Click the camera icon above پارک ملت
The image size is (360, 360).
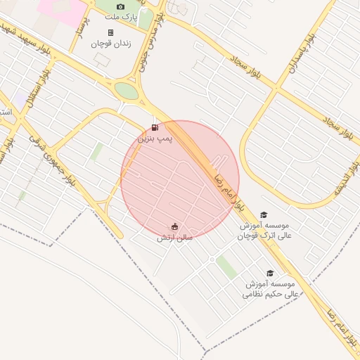click(x=120, y=6)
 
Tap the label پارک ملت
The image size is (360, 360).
click(x=121, y=15)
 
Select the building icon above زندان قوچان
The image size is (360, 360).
click(x=110, y=32)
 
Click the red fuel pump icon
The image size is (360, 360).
click(x=155, y=127)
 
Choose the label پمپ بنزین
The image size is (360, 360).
click(x=154, y=139)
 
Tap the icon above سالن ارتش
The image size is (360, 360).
click(x=174, y=226)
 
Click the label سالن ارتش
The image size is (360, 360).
click(x=174, y=238)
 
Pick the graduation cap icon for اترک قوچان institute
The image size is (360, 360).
click(x=264, y=215)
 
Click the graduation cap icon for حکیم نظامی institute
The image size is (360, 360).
click(x=269, y=274)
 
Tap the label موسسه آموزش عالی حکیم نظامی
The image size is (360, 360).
click(x=271, y=289)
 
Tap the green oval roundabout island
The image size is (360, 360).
click(x=127, y=91)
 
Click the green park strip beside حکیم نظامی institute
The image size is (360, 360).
click(x=226, y=267)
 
